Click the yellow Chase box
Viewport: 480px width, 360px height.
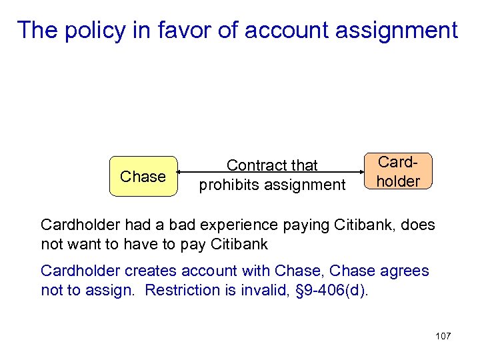(x=143, y=177)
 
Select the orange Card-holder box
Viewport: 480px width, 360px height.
(x=399, y=172)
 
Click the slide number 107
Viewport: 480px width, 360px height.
(x=443, y=336)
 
